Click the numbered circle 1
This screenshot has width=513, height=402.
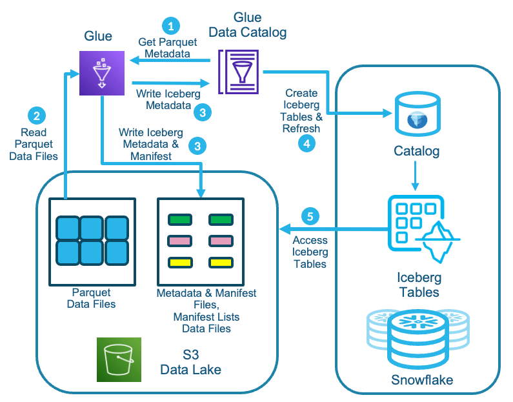(170, 26)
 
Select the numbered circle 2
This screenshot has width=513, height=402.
(36, 116)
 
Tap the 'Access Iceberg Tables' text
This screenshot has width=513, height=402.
(310, 252)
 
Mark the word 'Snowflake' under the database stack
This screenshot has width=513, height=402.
(422, 379)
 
